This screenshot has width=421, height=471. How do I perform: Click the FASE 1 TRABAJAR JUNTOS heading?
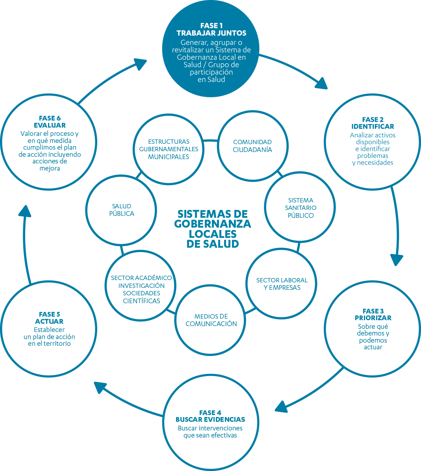pos(211,29)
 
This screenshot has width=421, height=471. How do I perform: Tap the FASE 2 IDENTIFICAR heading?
pos(373,123)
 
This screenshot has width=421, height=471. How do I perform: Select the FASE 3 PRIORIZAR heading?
pos(373,314)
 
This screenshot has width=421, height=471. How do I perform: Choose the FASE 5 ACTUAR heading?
pos(49,318)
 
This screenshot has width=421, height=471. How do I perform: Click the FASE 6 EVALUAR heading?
pos(50,122)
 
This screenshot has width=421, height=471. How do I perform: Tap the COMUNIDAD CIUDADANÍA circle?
pos(252,146)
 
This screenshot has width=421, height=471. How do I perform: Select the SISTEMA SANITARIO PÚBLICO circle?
pos(300,208)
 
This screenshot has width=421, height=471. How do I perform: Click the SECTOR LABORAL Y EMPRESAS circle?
pos(282,284)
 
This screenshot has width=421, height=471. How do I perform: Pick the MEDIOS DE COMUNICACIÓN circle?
pos(211,320)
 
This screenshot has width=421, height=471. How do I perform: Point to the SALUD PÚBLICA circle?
pos(121,210)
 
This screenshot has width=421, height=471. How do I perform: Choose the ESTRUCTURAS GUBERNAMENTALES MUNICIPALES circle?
pos(169,149)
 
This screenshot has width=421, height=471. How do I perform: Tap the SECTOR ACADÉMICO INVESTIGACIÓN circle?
pos(141,289)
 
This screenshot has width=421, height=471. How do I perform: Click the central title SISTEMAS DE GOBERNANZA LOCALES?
pos(212,228)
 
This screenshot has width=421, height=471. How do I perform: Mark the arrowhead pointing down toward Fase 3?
pos(397,260)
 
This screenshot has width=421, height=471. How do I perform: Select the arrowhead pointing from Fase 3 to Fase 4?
pos(282,406)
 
